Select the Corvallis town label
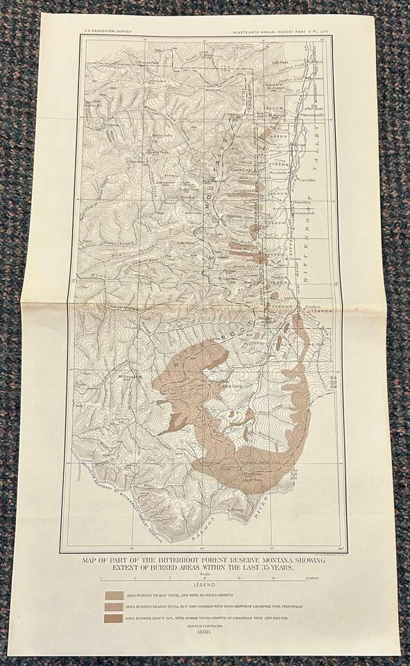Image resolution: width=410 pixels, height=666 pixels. click(308, 179)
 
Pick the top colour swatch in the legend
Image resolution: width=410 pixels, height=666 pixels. click(114, 595)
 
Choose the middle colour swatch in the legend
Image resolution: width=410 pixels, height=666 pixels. click(114, 606)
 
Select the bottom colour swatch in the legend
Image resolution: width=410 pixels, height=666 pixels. click(114, 617)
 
